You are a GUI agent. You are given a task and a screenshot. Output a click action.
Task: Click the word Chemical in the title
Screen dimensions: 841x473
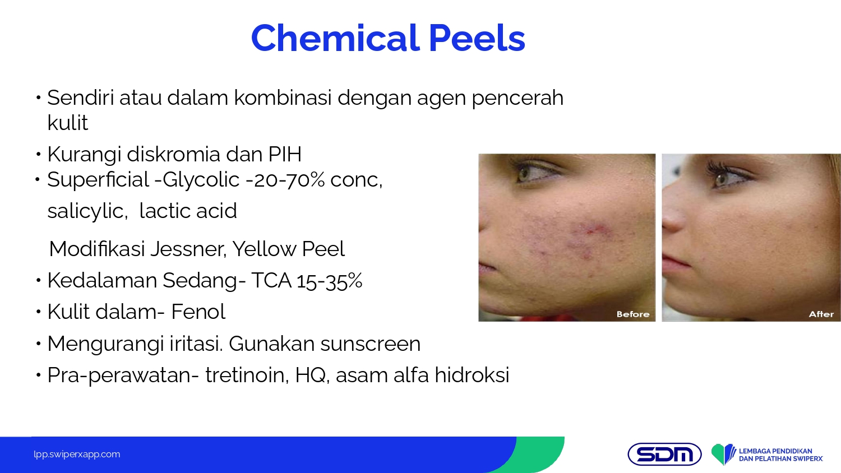(x=335, y=38)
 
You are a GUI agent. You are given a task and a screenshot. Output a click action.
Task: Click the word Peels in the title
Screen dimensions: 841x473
(x=477, y=38)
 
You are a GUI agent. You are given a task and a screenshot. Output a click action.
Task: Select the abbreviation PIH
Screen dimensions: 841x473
(x=285, y=154)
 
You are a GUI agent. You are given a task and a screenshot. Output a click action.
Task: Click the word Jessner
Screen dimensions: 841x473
(x=188, y=249)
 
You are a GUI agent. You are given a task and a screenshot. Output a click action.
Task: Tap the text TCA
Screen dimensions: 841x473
(x=271, y=280)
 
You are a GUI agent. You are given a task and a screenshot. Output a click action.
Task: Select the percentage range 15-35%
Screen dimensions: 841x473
(x=330, y=281)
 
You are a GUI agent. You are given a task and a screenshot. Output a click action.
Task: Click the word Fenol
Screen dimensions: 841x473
(x=198, y=312)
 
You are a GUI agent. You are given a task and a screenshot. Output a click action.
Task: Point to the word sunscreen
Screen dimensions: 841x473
(x=370, y=344)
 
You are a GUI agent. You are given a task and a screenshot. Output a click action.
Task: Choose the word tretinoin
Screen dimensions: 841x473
(x=247, y=375)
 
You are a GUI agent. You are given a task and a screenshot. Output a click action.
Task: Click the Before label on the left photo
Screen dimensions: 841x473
(x=633, y=314)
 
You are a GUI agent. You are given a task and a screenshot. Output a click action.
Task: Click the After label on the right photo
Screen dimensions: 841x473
(x=821, y=314)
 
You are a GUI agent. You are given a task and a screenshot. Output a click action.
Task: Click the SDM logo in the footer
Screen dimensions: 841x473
(x=664, y=455)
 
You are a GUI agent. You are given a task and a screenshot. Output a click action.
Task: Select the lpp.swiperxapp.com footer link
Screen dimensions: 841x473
(x=77, y=455)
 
